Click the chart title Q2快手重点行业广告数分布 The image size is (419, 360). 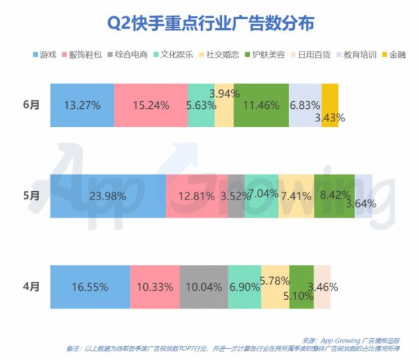[209, 23]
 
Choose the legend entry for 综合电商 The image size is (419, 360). [130, 54]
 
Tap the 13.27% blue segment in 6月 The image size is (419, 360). [82, 105]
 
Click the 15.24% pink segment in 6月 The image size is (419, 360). [151, 105]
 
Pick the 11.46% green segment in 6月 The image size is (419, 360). [261, 105]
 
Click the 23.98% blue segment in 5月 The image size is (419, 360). [108, 195]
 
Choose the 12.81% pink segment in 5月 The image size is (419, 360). [196, 195]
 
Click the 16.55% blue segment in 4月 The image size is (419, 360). [89, 286]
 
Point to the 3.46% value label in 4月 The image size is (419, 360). [323, 287]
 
